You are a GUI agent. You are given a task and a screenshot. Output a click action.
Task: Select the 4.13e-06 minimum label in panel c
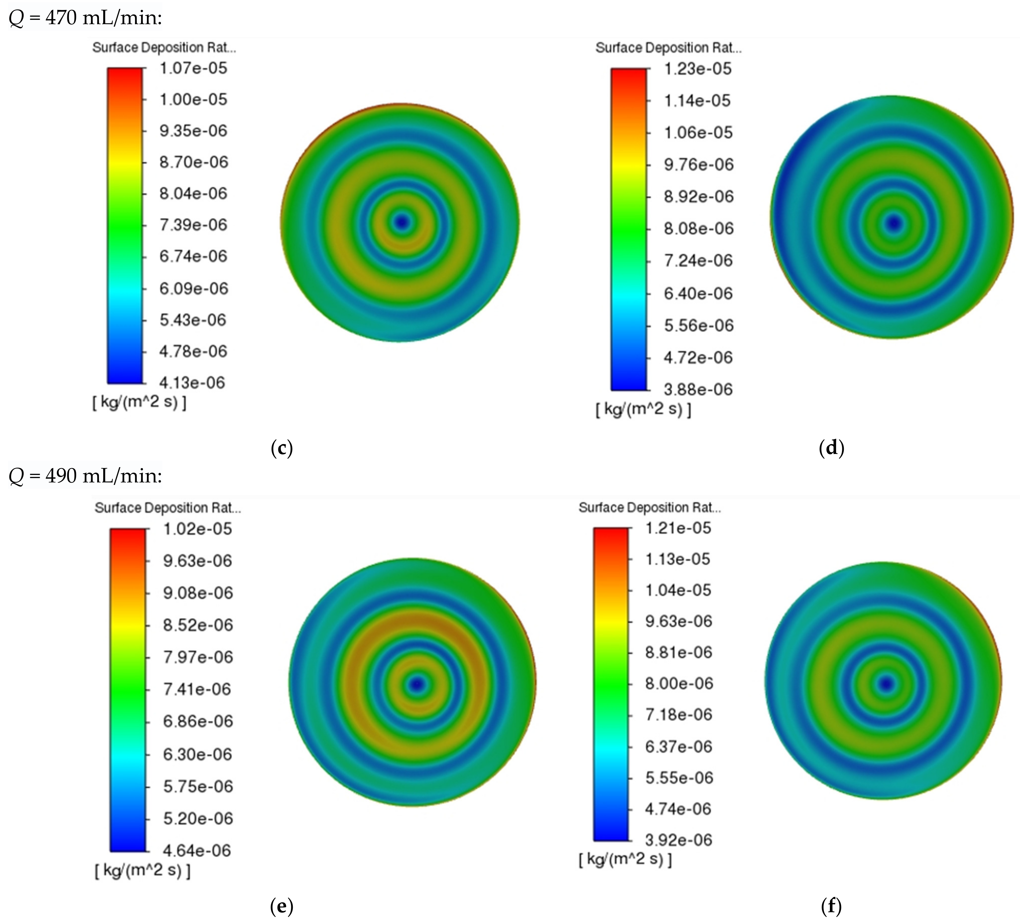click(x=192, y=383)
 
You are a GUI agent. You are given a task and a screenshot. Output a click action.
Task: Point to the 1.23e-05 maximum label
click(x=698, y=69)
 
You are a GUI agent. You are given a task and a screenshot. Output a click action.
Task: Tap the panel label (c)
click(x=282, y=448)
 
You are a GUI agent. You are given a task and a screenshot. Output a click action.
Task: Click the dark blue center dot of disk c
click(x=402, y=222)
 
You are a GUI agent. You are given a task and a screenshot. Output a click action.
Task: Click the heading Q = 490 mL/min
click(x=85, y=476)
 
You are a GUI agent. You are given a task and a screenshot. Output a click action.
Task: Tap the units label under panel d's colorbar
click(x=643, y=409)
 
